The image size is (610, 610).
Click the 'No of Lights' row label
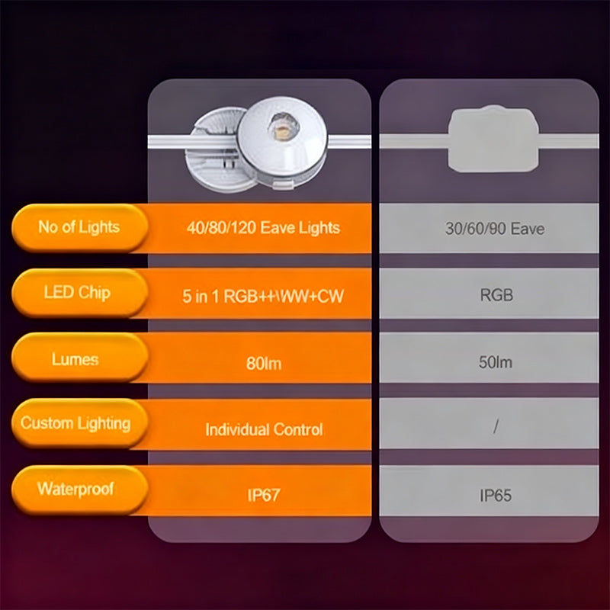click(x=79, y=226)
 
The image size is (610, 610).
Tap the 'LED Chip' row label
click(x=77, y=293)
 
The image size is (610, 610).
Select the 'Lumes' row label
click(x=75, y=359)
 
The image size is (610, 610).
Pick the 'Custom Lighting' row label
click(x=75, y=423)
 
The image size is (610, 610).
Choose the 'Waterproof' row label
click(x=75, y=488)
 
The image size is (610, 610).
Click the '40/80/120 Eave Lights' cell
click(x=263, y=227)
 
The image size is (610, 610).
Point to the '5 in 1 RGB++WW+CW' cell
click(x=263, y=296)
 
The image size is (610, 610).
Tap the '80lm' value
click(x=263, y=363)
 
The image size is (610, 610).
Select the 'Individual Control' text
click(x=263, y=429)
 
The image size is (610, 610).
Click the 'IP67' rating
click(x=263, y=496)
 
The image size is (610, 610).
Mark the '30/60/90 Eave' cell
click(x=495, y=228)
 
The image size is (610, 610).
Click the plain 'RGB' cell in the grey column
click(x=496, y=295)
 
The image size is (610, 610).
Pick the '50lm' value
click(x=496, y=362)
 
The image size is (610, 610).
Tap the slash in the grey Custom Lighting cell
click(x=496, y=428)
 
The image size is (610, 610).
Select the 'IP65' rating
click(x=496, y=496)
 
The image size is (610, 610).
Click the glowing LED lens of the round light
click(x=279, y=126)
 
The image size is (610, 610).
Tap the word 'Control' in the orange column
click(x=296, y=429)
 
